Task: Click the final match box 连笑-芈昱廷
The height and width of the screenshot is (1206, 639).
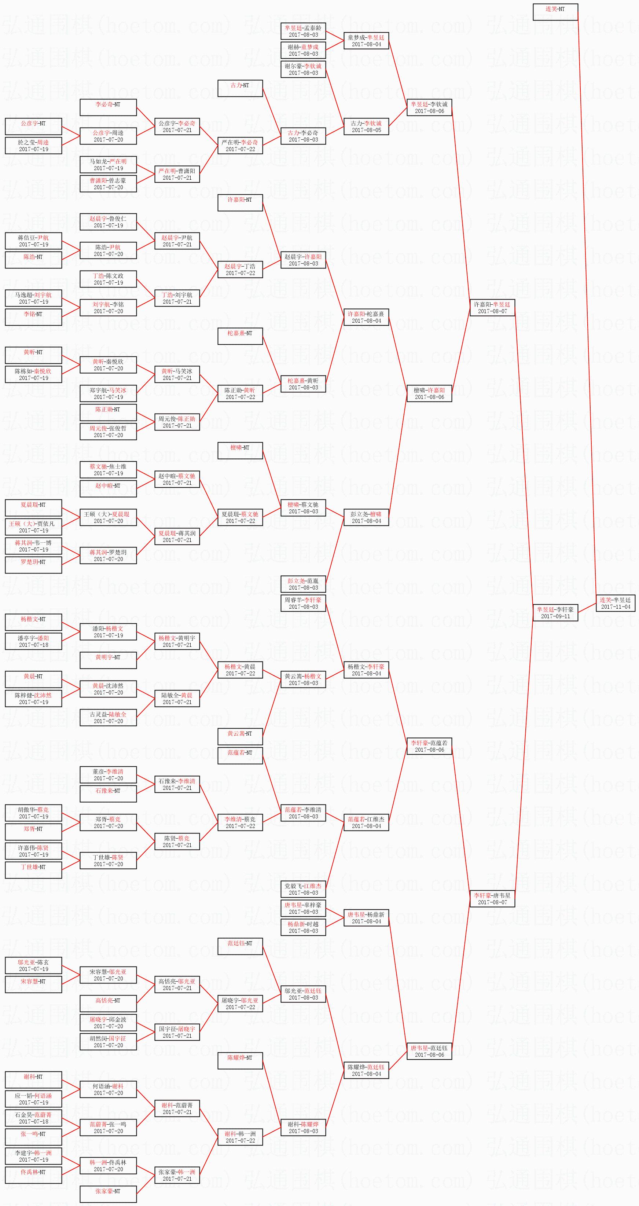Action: [616, 603]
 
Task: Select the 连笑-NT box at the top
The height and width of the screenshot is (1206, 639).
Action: [555, 12]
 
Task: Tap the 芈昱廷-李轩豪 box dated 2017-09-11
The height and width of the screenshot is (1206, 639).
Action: [555, 612]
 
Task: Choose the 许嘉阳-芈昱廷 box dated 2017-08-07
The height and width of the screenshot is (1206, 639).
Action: [492, 308]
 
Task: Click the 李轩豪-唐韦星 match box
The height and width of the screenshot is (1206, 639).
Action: [492, 898]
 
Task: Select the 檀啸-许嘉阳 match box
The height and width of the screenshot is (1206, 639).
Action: [429, 393]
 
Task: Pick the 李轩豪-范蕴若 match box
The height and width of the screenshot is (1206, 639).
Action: [429, 746]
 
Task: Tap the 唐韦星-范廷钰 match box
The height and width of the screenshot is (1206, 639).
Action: [429, 1051]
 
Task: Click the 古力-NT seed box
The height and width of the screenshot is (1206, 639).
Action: [240, 88]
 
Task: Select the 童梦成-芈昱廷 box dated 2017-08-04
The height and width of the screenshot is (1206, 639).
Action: [366, 41]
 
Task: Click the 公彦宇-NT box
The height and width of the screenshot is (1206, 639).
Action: [33, 127]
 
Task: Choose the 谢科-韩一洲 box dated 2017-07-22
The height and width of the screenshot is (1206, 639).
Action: [240, 1137]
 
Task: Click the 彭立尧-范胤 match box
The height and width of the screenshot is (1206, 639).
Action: [303, 584]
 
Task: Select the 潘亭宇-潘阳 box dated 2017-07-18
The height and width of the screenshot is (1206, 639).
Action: [33, 641]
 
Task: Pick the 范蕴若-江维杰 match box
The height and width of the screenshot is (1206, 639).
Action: [366, 822]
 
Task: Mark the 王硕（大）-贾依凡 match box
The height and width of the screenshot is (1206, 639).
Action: [33, 527]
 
